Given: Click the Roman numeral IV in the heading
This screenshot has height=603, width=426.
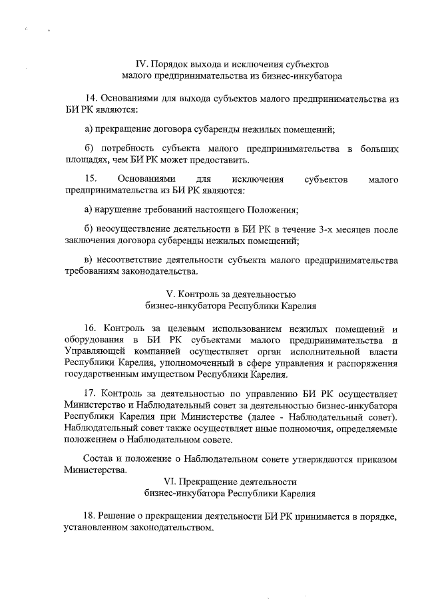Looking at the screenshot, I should [140, 65].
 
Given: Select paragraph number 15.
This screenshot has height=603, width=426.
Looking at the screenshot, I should [91, 179].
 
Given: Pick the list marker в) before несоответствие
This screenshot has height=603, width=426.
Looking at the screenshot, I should [89, 260].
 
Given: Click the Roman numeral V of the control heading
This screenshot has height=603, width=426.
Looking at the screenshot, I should [169, 294].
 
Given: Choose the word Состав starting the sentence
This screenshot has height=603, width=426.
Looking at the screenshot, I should [98, 458].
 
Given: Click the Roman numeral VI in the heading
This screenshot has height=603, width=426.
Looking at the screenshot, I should [171, 481].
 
